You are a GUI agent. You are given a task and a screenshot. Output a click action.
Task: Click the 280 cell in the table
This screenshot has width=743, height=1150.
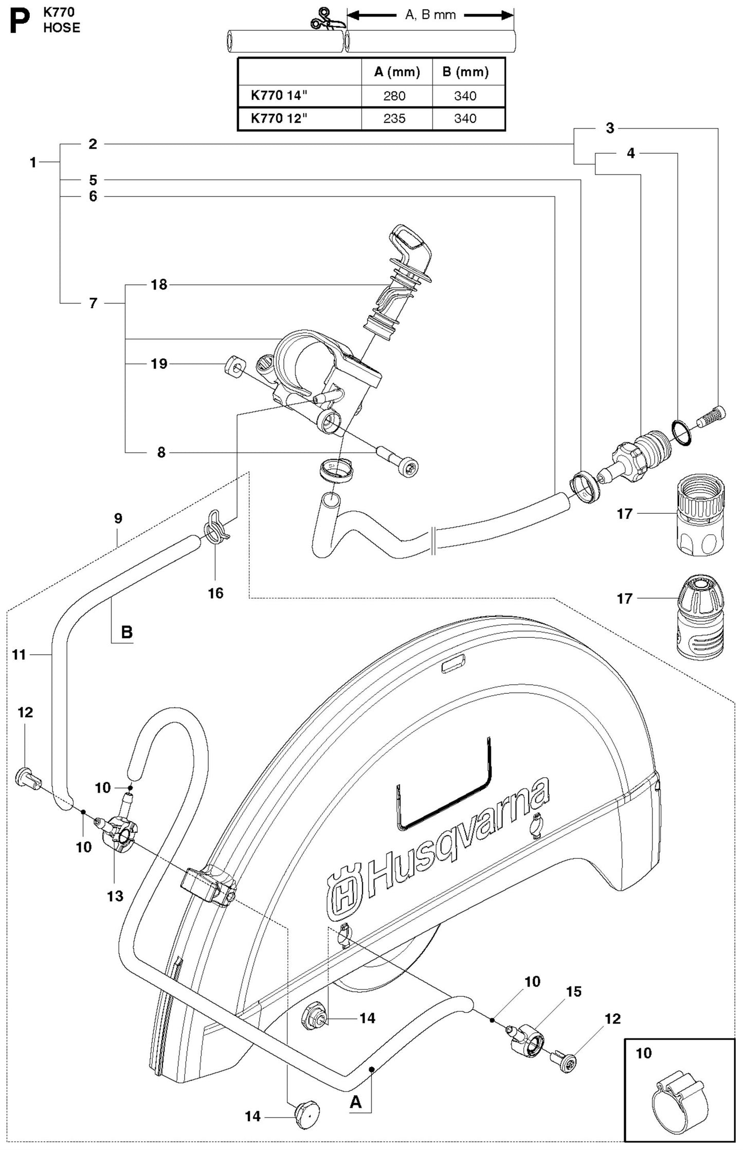point(394,96)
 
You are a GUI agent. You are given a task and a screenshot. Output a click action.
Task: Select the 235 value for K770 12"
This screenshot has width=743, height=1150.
point(394,119)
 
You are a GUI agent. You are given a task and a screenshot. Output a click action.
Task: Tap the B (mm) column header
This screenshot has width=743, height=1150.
point(465,72)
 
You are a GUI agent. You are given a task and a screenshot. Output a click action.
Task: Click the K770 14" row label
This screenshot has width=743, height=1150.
point(279,96)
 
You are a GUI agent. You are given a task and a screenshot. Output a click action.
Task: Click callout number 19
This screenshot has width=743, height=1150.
point(159,364)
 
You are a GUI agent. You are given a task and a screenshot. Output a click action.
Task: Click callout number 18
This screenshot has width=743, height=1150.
point(159,284)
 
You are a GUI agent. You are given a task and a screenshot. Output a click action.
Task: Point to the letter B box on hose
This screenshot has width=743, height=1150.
point(126,632)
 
